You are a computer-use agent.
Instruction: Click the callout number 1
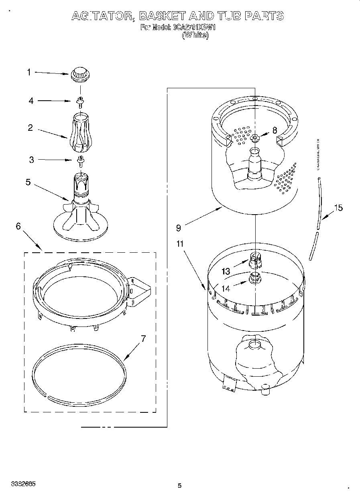(29, 72)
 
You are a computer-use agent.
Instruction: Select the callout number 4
(31, 101)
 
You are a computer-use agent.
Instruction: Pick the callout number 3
(31, 160)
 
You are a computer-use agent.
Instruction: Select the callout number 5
(28, 182)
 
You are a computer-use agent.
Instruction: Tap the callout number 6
(18, 226)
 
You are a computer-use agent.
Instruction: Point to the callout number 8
(275, 130)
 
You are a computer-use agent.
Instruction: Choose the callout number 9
(178, 228)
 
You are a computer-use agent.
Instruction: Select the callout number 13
(226, 272)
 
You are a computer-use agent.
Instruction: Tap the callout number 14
(226, 288)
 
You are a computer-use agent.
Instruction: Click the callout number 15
(338, 207)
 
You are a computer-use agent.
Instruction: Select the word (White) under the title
(195, 35)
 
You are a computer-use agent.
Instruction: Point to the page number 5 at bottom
(179, 486)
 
